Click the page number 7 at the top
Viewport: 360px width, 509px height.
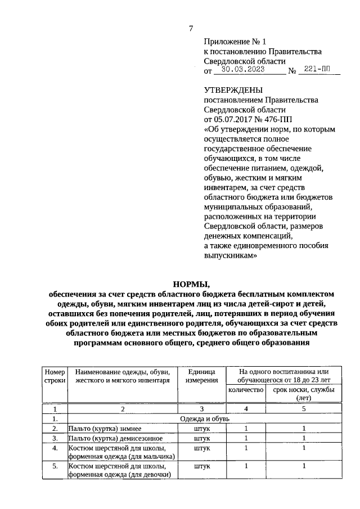(x=191, y=29)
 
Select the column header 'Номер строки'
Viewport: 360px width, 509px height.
(x=55, y=376)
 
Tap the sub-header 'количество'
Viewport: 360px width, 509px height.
(x=245, y=390)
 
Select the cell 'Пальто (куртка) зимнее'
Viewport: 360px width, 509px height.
(x=105, y=429)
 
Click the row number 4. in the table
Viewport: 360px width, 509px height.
(x=55, y=448)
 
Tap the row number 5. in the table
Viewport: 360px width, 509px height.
(x=55, y=466)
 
